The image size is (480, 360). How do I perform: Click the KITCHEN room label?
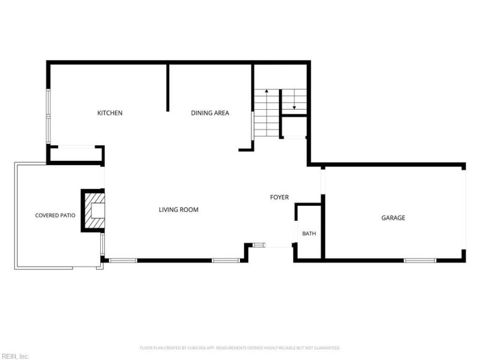point(110,113)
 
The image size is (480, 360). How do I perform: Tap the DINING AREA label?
point(210,113)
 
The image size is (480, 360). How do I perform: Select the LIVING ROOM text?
point(178,209)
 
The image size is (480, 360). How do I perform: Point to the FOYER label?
point(279,197)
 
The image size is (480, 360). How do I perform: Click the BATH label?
point(309,233)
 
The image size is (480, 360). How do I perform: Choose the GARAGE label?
point(393,218)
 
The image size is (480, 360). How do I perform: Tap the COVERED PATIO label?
point(55,215)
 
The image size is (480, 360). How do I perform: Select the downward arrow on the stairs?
point(294,99)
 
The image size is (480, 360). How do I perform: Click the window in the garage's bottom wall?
point(420,260)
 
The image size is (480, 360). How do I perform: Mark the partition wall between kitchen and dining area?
point(168,88)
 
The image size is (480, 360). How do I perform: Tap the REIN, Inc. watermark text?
point(14,356)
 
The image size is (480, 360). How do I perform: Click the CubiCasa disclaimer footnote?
point(240,348)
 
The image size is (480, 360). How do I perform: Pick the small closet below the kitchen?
point(76,154)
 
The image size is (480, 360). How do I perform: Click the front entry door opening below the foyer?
point(278,245)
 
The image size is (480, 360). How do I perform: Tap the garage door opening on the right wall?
point(464,209)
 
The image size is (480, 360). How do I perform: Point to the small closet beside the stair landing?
point(294,127)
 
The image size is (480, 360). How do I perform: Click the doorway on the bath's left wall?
point(296,232)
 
